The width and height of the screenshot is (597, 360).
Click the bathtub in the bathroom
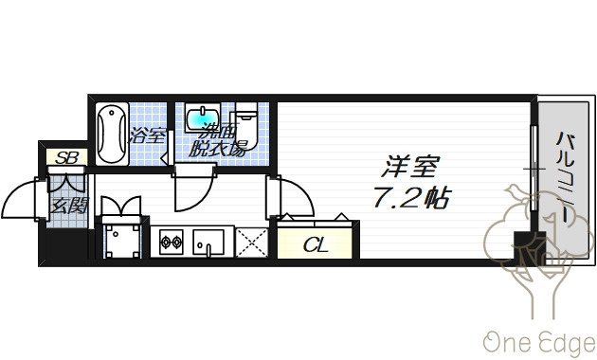click(x=112, y=134)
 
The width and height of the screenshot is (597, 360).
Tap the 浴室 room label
click(x=148, y=135)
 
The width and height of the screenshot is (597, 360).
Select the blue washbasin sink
click(x=203, y=119)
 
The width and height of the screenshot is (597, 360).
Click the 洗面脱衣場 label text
click(x=218, y=139)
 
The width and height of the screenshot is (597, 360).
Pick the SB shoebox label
click(x=67, y=157)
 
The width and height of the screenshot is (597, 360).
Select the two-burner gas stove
click(x=171, y=242)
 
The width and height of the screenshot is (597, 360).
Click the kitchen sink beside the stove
click(x=208, y=242)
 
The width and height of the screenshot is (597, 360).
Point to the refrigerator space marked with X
click(x=252, y=242)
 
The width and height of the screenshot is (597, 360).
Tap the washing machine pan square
click(x=122, y=241)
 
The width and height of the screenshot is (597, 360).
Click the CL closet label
click(x=316, y=245)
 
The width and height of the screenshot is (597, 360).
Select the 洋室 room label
click(x=411, y=167)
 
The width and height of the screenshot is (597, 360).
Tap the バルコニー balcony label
click(x=566, y=178)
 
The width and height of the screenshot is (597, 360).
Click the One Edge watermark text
click(x=539, y=344)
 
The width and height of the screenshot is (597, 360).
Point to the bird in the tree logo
click(x=517, y=192)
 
